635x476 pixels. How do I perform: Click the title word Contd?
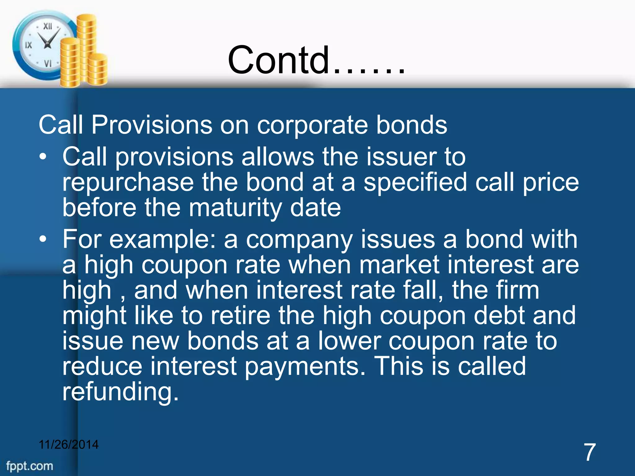pos(279,60)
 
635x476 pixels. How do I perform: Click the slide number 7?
pos(589,452)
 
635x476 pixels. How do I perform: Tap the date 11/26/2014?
pos(69,444)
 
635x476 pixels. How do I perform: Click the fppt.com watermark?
pos(30,466)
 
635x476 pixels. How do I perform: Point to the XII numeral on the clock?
pos(47,26)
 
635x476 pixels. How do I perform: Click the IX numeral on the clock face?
pos(28,45)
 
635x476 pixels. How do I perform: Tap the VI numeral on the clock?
pos(47,64)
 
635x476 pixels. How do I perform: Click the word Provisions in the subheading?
pos(152,125)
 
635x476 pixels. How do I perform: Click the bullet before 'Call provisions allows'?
pos(43,157)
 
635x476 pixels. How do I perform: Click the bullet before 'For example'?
pos(43,239)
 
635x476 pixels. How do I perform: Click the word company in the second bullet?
pos(299,240)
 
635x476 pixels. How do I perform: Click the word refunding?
pos(120,392)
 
